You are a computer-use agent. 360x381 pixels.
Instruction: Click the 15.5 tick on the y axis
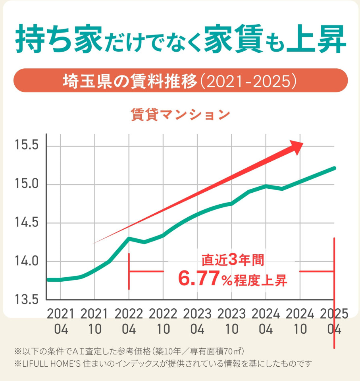[x=26, y=146]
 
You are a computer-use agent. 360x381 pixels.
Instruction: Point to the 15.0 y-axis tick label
[x=26, y=184]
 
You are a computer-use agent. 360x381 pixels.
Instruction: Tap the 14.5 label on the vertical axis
[x=26, y=223]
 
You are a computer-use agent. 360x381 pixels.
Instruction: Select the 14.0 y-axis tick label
[x=26, y=261]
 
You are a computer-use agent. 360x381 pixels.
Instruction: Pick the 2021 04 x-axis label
[x=61, y=321]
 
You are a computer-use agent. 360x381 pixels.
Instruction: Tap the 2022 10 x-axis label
[x=164, y=321]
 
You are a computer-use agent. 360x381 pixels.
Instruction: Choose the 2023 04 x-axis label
[x=197, y=321]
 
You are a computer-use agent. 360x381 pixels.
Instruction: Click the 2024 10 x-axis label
[x=300, y=321]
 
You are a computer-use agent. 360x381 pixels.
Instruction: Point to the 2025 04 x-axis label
[x=334, y=321]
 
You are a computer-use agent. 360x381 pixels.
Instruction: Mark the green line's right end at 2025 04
[x=334, y=168]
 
